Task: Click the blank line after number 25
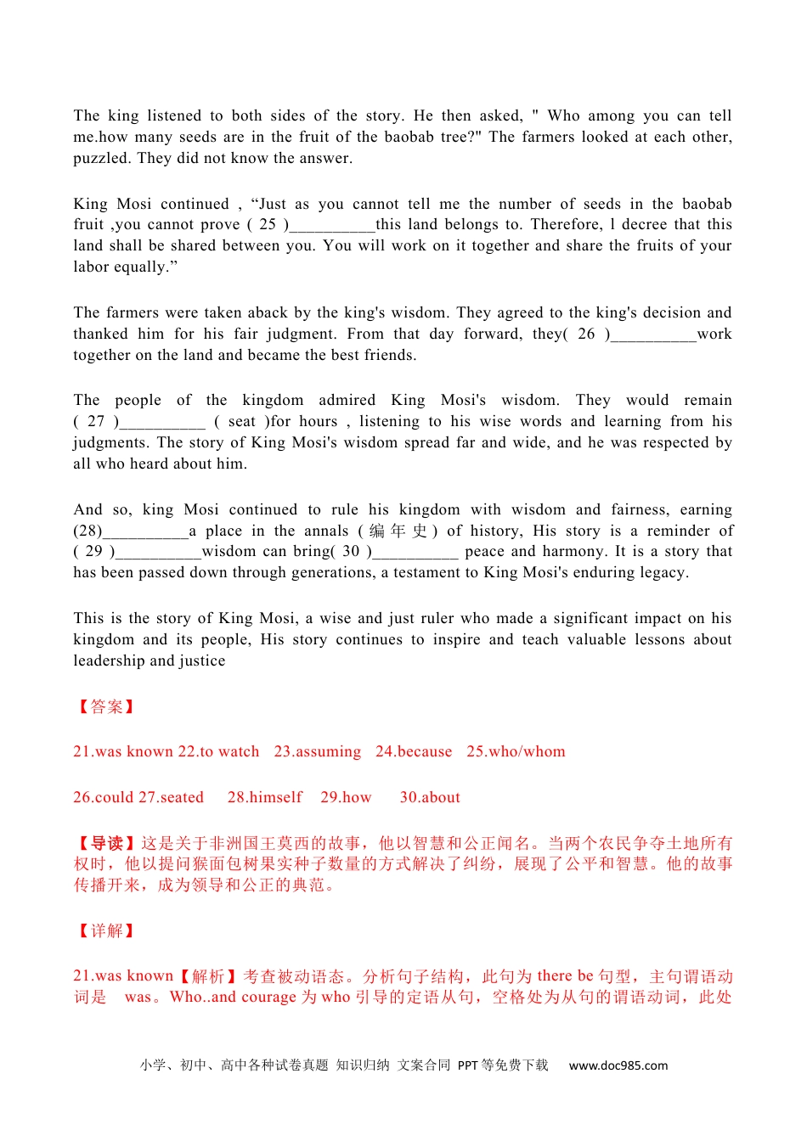[x=332, y=226]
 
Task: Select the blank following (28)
[x=145, y=532]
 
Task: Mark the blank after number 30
[x=415, y=553]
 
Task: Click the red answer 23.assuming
[x=317, y=751]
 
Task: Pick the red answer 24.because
[x=414, y=751]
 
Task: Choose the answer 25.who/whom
[x=516, y=751]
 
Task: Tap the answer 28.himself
[x=264, y=797]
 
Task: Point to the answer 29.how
[x=346, y=797]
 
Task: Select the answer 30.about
[x=430, y=797]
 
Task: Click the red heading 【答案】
[x=106, y=706]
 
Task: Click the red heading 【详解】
[x=106, y=930]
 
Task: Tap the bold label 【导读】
[x=106, y=843]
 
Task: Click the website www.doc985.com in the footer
[x=618, y=1065]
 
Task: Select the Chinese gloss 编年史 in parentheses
[x=398, y=531]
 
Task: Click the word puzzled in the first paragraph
[x=102, y=158]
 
